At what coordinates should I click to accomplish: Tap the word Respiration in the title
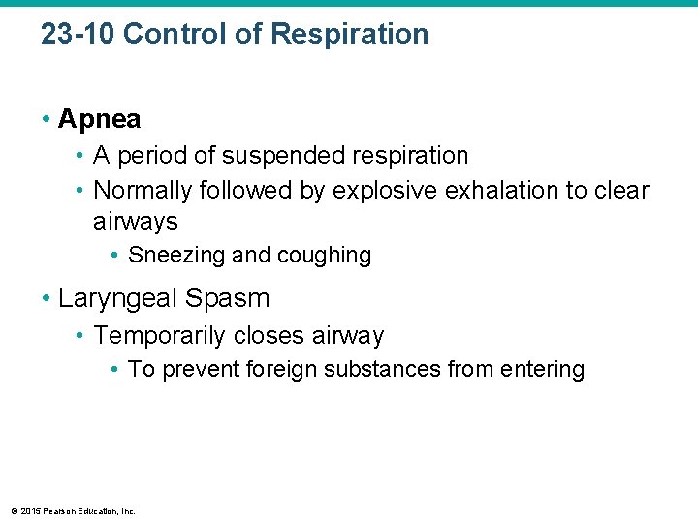[350, 34]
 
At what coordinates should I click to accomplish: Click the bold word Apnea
[99, 120]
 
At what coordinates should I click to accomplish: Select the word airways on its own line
[136, 222]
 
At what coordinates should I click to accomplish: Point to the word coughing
[324, 256]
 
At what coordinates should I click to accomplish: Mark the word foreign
[279, 369]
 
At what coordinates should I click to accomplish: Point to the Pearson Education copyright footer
[73, 510]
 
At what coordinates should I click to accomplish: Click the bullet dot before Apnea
[46, 120]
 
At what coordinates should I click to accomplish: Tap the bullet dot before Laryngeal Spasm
[46, 298]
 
